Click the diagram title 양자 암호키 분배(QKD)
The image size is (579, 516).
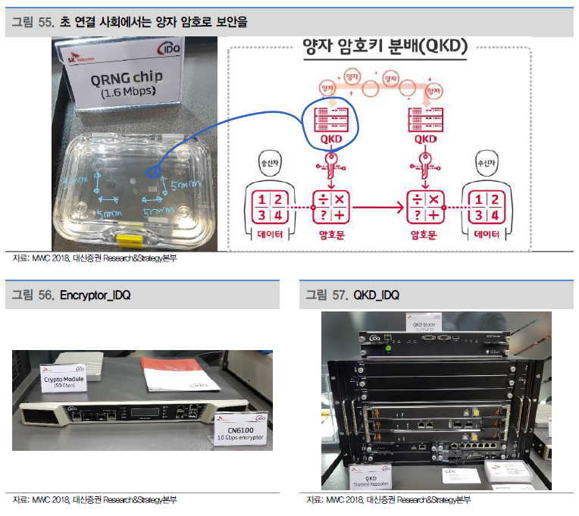point(383,46)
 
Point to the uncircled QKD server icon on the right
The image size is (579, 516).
point(426,119)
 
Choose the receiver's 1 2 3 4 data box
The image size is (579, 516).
point(483,205)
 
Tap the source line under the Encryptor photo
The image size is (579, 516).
point(95,500)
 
